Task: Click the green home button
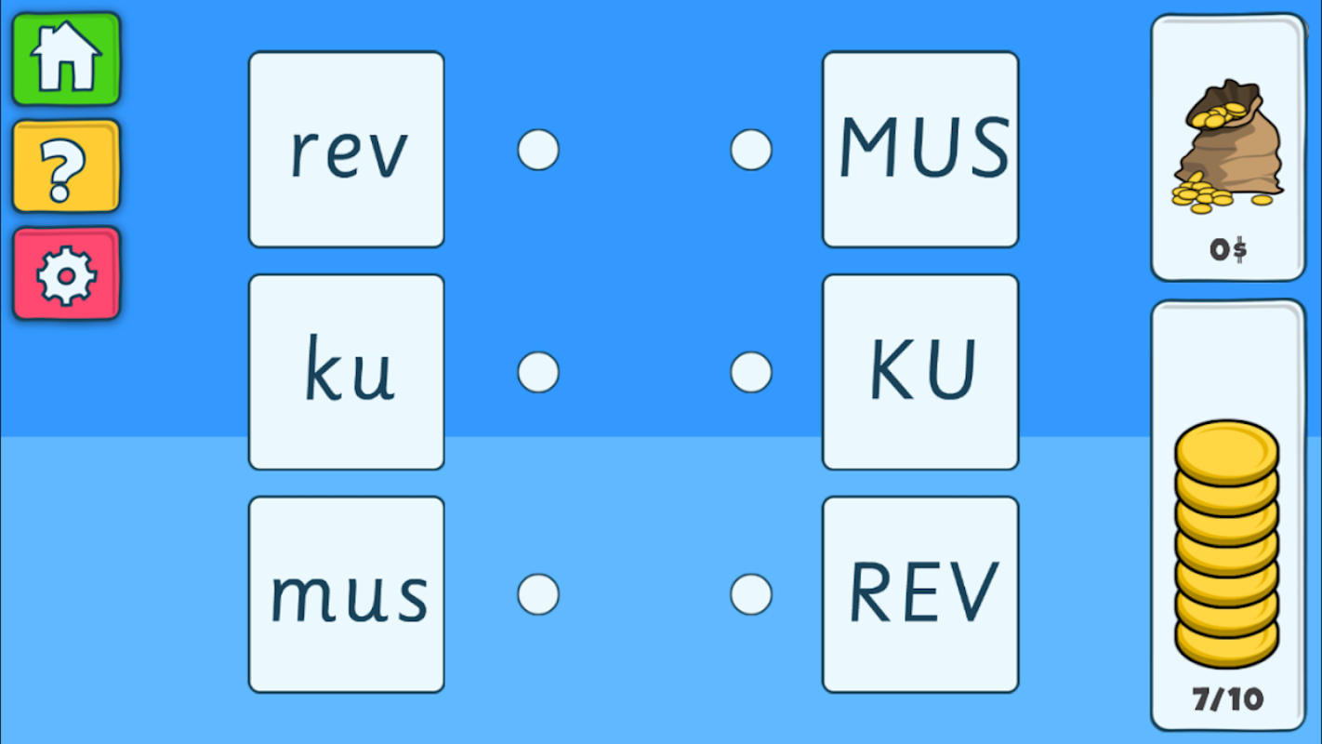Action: pos(66,59)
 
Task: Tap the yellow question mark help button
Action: pos(66,166)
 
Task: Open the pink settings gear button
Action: pos(66,274)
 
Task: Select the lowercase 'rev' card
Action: pos(347,150)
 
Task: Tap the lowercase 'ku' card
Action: pos(347,372)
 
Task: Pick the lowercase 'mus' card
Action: pos(347,594)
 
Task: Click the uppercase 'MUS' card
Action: pos(920,150)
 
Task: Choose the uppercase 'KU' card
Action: pos(920,372)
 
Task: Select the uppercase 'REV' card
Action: pos(920,594)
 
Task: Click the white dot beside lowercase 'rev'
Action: pos(538,150)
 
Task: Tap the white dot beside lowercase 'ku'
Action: pos(538,373)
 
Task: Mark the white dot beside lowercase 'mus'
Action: pos(538,594)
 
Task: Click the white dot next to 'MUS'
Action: pos(751,150)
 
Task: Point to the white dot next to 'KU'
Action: pos(751,373)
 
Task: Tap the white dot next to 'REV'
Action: pos(751,594)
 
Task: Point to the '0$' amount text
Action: pos(1228,250)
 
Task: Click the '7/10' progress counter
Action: pos(1228,699)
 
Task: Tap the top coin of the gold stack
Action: pos(1227,452)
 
